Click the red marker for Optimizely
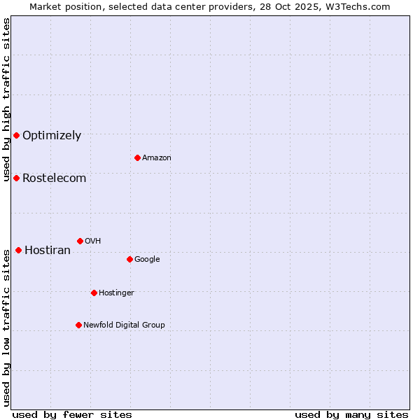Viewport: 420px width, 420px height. (x=16, y=135)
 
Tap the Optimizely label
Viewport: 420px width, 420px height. (x=52, y=136)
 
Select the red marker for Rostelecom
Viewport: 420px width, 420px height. (x=16, y=178)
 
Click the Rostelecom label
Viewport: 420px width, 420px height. (x=54, y=178)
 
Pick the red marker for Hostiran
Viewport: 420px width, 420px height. (x=18, y=250)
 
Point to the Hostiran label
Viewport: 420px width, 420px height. (x=48, y=251)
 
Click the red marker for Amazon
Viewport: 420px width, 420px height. (x=137, y=157)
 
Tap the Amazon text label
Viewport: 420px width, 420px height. (x=156, y=158)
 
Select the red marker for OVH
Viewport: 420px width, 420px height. (x=80, y=241)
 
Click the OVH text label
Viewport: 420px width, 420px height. (x=93, y=241)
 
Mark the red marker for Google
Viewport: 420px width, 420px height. (x=129, y=259)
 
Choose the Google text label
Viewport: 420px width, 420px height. (x=147, y=260)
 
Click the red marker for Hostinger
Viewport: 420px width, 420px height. (x=94, y=293)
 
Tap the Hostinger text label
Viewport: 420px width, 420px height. (x=116, y=293)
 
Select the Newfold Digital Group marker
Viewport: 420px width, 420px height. (x=78, y=325)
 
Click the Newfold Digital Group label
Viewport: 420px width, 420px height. (x=124, y=325)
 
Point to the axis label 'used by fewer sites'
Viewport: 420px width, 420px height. (x=72, y=414)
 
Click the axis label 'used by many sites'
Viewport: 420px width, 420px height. (x=351, y=414)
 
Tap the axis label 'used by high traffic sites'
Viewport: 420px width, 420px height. (x=6, y=99)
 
